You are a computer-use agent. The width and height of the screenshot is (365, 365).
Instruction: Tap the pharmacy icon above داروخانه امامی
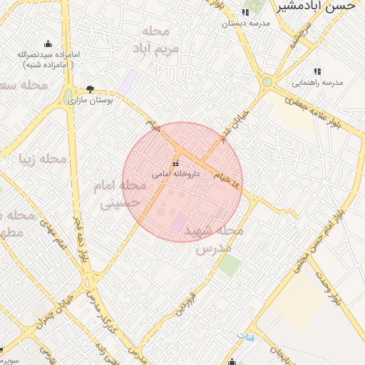[175, 164]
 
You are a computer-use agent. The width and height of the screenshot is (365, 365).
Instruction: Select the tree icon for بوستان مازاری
[90, 89]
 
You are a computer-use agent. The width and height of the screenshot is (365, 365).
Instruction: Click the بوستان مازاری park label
[91, 101]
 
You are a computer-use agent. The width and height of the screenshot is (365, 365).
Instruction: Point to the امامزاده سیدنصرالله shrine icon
[48, 44]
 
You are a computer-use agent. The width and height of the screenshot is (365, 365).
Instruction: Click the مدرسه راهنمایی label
[319, 82]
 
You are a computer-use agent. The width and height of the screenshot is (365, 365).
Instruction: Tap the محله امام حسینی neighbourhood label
[120, 194]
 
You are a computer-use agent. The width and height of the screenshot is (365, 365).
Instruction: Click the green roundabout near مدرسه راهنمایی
[267, 82]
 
